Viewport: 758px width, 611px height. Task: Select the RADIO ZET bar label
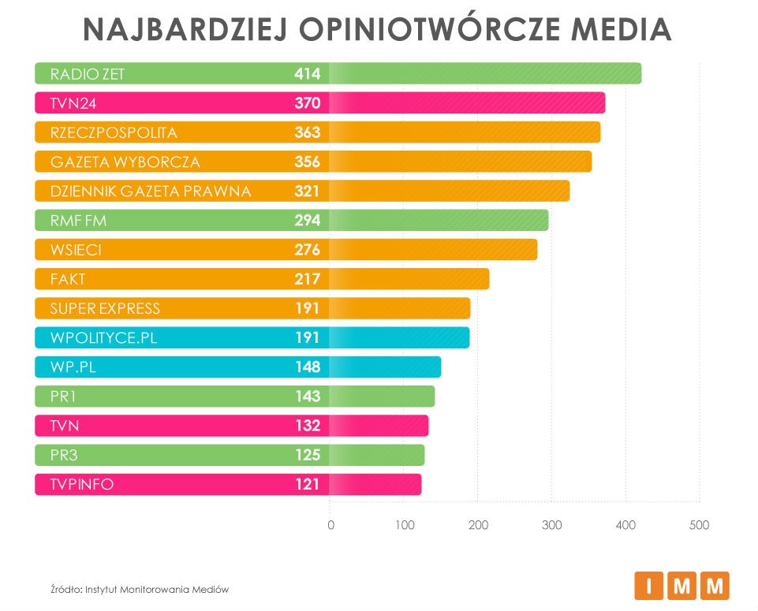[88, 74]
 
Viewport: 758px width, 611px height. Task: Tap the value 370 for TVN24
[307, 103]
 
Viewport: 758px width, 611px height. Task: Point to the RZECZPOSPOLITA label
[114, 132]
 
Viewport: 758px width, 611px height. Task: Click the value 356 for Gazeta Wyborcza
[307, 162]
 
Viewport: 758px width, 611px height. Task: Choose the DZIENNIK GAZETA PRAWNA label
[150, 192]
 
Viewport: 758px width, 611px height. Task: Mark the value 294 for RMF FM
[307, 221]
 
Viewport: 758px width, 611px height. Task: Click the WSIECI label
[76, 250]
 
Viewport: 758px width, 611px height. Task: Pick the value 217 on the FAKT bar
[307, 279]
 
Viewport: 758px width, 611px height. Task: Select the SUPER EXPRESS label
[105, 308]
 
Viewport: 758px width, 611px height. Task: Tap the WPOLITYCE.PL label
[103, 337]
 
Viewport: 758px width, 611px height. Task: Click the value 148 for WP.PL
[307, 367]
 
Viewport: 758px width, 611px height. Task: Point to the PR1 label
[63, 397]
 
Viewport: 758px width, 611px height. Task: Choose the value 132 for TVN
[307, 426]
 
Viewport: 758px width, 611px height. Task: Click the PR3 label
[63, 455]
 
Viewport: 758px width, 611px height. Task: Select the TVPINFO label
[82, 484]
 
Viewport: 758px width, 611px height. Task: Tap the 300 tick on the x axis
[551, 525]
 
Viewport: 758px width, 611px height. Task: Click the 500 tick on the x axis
[699, 525]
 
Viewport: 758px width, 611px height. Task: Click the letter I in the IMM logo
[649, 586]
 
